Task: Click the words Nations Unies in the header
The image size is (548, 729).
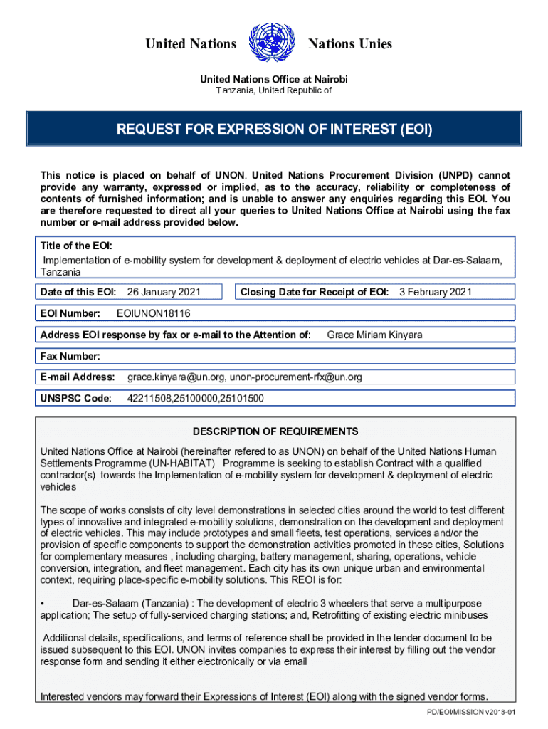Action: (349, 44)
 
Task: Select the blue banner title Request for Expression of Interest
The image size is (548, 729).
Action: (274, 130)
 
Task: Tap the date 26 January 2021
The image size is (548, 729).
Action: (163, 292)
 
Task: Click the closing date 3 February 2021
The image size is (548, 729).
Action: (435, 292)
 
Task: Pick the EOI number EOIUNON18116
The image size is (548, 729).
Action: (153, 313)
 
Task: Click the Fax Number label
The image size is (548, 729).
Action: (70, 356)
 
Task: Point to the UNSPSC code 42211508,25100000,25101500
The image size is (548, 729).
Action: (195, 398)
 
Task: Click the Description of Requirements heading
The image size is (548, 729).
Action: (275, 431)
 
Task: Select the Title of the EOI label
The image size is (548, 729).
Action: (76, 246)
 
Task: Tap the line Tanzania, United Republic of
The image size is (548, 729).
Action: (274, 91)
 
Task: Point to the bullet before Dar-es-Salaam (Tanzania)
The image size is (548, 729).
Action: (43, 604)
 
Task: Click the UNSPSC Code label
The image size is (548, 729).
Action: (75, 398)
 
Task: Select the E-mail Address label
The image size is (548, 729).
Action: (77, 377)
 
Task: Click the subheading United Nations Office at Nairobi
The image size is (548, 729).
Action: (274, 79)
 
